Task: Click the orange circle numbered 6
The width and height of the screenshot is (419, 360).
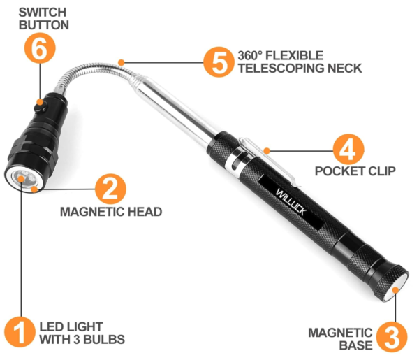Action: [x=39, y=50]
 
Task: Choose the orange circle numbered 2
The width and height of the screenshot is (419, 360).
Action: [x=110, y=189]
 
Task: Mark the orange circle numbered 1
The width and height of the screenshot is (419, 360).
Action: [x=20, y=333]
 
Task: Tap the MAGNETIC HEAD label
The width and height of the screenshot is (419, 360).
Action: [x=111, y=212]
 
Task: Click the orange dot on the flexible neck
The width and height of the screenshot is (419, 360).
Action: [x=121, y=62]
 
